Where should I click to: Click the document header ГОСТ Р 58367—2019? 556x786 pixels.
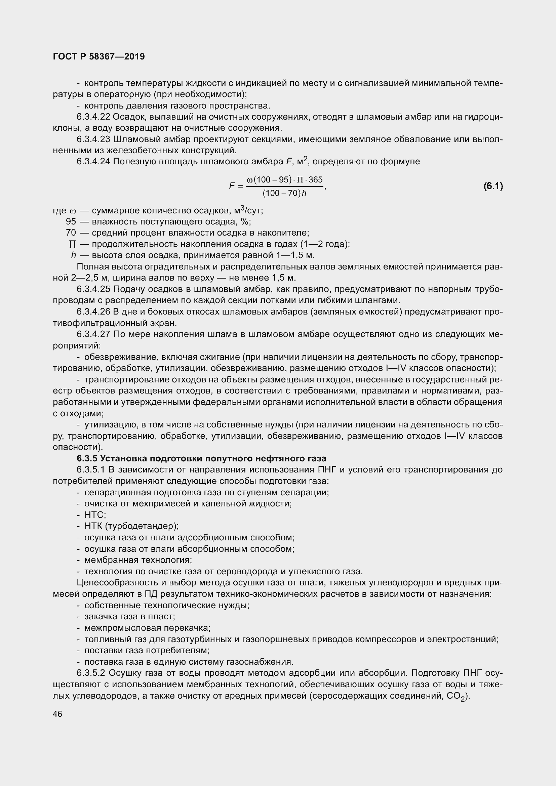pos(99,56)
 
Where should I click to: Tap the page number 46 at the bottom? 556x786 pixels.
pos(57,714)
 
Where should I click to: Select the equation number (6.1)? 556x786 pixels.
pos(493,186)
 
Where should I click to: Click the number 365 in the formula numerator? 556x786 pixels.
pos(315,180)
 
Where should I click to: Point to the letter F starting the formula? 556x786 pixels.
pos(232,186)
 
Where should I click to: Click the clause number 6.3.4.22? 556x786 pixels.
pos(93,117)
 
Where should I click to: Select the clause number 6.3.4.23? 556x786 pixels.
pos(93,139)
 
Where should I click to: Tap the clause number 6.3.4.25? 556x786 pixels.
pos(93,289)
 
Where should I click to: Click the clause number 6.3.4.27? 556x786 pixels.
pos(93,334)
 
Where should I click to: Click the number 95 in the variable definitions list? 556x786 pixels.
pos(71,222)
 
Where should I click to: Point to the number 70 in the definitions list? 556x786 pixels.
pos(71,233)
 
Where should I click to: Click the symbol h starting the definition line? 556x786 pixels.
pos(73,255)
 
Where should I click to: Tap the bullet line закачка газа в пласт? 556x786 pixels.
pos(130,617)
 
